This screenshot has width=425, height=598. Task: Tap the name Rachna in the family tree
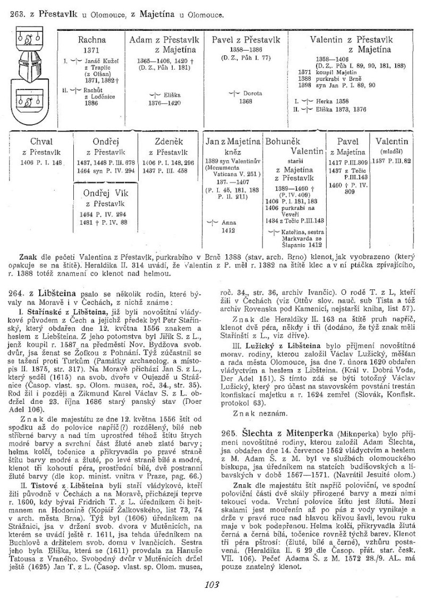[92, 39]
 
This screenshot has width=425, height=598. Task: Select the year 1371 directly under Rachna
[91, 49]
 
